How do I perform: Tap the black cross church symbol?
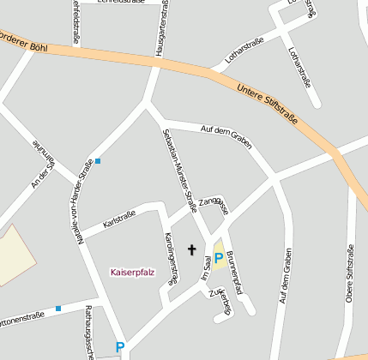point(192,250)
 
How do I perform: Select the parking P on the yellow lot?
point(219,257)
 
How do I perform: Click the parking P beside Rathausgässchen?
point(120,347)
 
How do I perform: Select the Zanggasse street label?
point(213,206)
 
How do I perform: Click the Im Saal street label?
point(206,267)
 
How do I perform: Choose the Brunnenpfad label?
point(237,268)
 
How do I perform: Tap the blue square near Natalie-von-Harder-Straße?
point(98,160)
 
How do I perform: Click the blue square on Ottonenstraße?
point(58,308)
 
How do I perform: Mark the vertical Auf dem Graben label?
point(283,281)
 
